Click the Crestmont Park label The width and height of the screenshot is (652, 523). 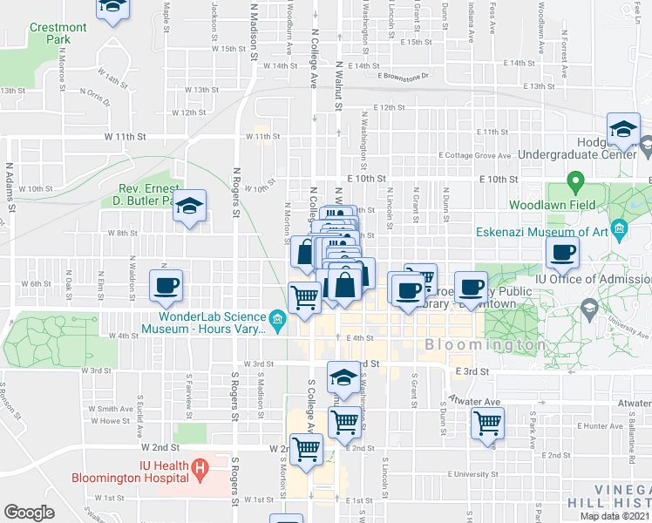coord(58,33)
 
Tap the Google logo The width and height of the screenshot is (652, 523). coord(29,513)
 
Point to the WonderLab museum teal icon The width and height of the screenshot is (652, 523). coord(277,322)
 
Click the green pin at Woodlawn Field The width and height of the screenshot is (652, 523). coord(574,184)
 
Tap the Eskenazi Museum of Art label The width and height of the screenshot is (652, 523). coord(541,232)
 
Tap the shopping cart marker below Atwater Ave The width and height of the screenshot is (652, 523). coord(487,424)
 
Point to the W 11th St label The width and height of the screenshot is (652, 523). coord(121,137)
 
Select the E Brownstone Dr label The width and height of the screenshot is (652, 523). coord(404,77)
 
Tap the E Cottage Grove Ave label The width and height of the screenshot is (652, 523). coord(475,155)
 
